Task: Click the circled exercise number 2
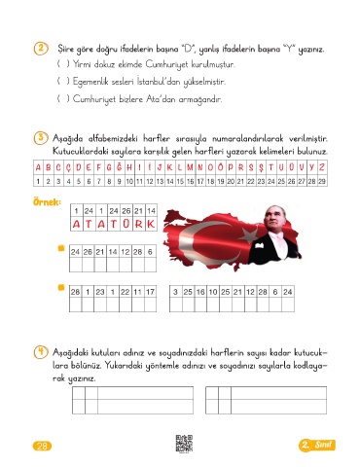click(x=41, y=49)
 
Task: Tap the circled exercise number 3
click(x=41, y=138)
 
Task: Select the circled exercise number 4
click(x=41, y=352)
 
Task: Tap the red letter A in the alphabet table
click(x=38, y=167)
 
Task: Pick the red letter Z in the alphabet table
click(x=322, y=167)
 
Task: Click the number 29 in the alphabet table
click(x=322, y=181)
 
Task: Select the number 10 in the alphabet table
click(x=129, y=181)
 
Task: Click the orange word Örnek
click(x=47, y=202)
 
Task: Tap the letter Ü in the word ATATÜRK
click(x=126, y=224)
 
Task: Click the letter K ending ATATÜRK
click(x=151, y=224)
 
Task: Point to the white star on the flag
click(x=248, y=233)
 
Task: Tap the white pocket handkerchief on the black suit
click(x=259, y=246)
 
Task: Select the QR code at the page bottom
click(x=184, y=444)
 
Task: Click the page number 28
click(x=42, y=446)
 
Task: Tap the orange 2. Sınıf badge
click(x=316, y=445)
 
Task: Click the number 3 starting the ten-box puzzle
click(x=175, y=292)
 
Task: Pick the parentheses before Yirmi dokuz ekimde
click(x=63, y=63)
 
